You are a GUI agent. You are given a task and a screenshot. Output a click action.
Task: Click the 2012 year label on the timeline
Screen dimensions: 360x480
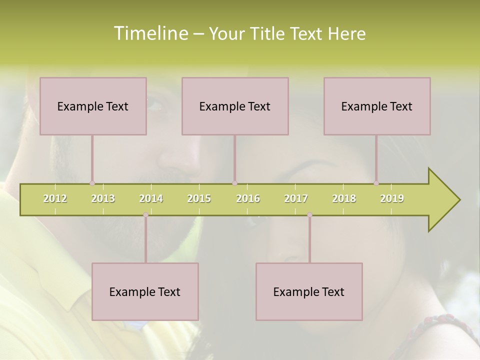pyautogui.click(x=55, y=198)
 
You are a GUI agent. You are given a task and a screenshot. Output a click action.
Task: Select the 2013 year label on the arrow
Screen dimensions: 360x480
pyautogui.click(x=103, y=198)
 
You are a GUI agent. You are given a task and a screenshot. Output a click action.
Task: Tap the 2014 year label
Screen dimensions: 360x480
pyautogui.click(x=151, y=198)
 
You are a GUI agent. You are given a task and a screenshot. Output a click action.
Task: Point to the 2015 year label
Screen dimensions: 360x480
pyautogui.click(x=199, y=198)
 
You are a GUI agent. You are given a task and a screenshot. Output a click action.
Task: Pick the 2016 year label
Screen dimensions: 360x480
pyautogui.click(x=248, y=198)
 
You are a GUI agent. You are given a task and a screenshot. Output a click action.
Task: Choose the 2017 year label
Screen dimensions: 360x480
pyautogui.click(x=296, y=198)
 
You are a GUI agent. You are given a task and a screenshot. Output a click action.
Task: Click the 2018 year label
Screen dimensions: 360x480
pyautogui.click(x=344, y=198)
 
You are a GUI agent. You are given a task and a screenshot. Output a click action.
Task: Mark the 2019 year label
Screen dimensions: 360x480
pyautogui.click(x=392, y=198)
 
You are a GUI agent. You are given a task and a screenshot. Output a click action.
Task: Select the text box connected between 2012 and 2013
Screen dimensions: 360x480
pyautogui.click(x=93, y=106)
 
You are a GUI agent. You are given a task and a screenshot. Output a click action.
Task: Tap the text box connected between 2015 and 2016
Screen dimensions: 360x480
pyautogui.click(x=235, y=106)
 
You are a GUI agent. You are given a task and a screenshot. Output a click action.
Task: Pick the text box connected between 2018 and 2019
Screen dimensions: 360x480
pyautogui.click(x=377, y=106)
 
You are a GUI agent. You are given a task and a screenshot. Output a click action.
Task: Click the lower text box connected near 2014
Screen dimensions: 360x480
pyautogui.click(x=145, y=291)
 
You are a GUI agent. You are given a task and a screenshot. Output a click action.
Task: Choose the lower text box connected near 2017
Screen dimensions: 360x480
pyautogui.click(x=309, y=291)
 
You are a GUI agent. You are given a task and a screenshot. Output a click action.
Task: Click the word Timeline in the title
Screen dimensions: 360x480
pyautogui.click(x=149, y=33)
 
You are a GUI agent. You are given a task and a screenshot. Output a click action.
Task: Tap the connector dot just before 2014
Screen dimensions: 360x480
pyautogui.click(x=145, y=215)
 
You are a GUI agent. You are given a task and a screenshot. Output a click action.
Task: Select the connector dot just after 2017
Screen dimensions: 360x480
pyautogui.click(x=309, y=215)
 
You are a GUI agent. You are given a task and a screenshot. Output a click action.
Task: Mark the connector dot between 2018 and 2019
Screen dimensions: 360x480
pyautogui.click(x=376, y=183)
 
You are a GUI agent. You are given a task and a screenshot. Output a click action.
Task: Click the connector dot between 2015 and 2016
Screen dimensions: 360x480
pyautogui.click(x=234, y=183)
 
